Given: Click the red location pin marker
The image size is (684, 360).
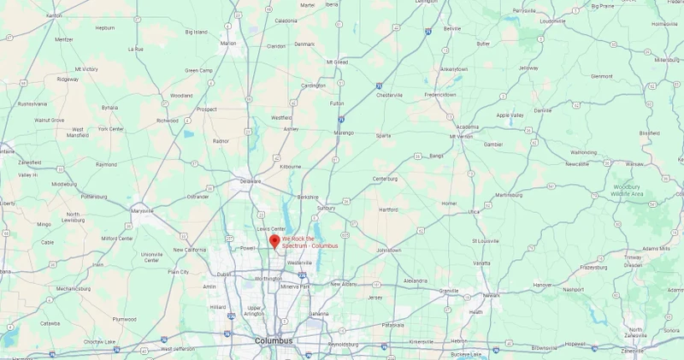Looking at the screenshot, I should [x=274, y=240].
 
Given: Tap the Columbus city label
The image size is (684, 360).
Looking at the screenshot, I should [x=274, y=340].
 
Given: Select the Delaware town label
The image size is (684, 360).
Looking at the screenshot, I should [x=250, y=181].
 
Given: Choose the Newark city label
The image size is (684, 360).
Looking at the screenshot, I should [x=492, y=295].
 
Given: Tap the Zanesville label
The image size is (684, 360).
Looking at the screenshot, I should [x=633, y=351].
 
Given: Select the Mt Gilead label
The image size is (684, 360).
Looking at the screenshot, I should [x=336, y=62].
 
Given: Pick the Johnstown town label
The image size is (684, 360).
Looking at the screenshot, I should [x=389, y=250].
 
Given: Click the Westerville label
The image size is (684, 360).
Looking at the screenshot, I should [x=299, y=263].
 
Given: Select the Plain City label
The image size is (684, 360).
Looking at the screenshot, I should [x=179, y=272].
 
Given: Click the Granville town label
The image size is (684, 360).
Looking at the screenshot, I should [x=449, y=291].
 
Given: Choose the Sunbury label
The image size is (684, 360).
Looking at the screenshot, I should [x=326, y=207].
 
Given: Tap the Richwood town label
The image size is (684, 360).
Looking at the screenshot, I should [x=168, y=121].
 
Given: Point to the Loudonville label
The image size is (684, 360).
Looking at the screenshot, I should [x=553, y=21].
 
